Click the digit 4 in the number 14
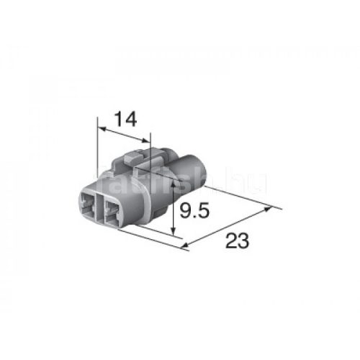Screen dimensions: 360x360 130,120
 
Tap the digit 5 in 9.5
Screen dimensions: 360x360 204,212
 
